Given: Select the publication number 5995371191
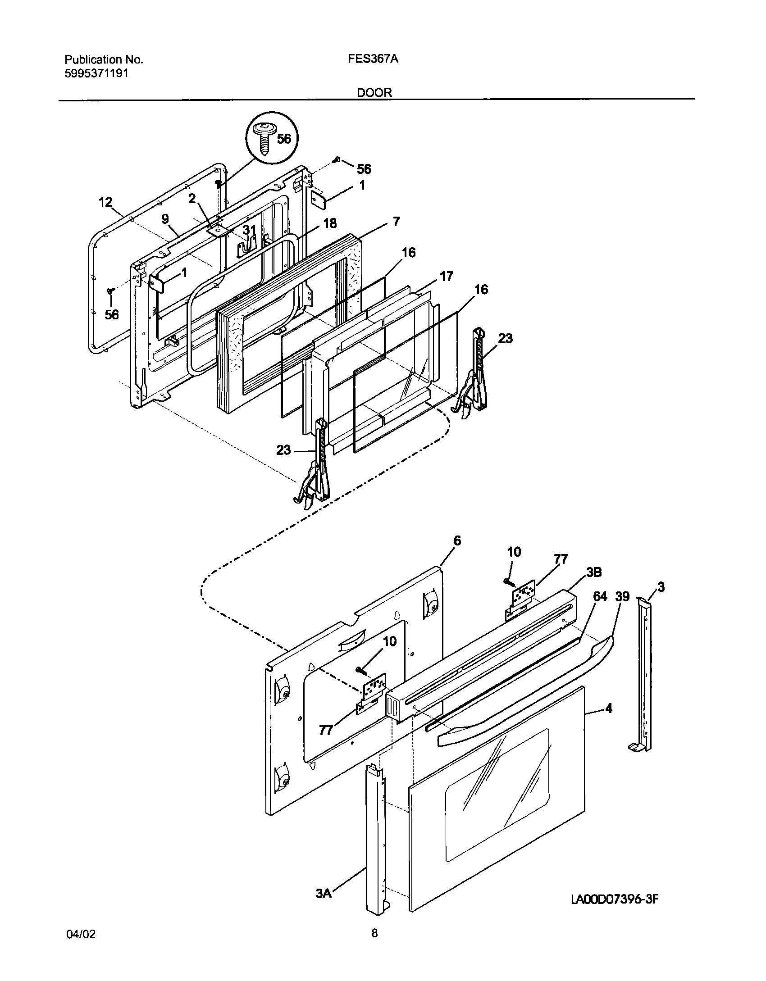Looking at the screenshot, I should point(97,73).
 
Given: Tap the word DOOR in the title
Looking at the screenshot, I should point(374,93).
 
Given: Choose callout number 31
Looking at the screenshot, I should point(249,230).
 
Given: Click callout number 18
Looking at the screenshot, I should point(330,223).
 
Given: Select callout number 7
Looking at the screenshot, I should point(396,222).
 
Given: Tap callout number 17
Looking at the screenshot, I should point(446,276).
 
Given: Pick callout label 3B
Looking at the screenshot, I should point(593,572).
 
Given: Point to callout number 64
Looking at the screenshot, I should point(600,596).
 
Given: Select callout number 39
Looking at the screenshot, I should point(622,596).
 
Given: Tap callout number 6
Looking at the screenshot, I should point(457,540).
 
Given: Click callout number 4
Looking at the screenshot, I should point(609,708).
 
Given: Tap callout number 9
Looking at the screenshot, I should point(165,219).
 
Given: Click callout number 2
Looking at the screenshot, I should point(192,199).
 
